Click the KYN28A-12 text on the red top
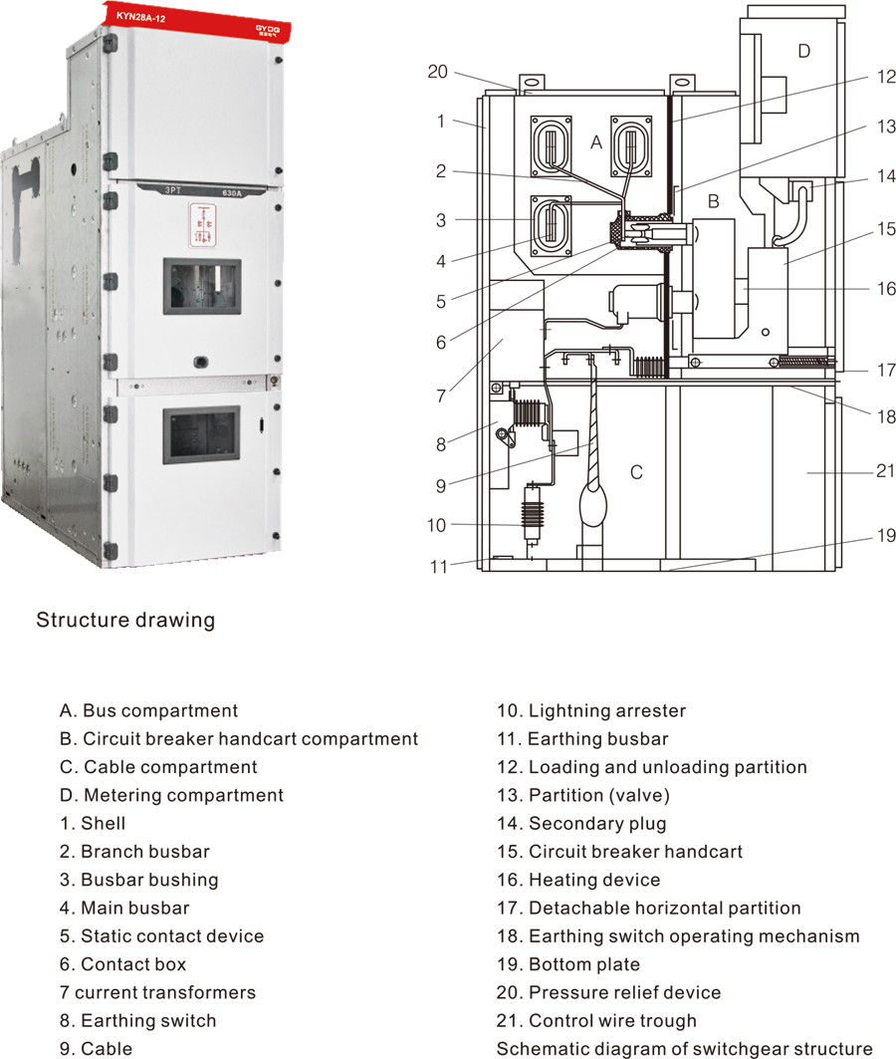(x=140, y=17)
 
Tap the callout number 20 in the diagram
(x=437, y=72)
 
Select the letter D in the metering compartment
(x=803, y=51)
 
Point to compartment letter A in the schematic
(x=595, y=142)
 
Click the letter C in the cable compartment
(x=635, y=472)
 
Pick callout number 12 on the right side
(x=886, y=77)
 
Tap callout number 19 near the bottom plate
(x=886, y=536)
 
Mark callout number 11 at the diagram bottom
(x=439, y=567)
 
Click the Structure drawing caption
(x=125, y=620)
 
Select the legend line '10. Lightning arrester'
(x=591, y=710)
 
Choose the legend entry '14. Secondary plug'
(x=581, y=823)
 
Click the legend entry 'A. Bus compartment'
(x=148, y=710)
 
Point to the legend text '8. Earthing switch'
(x=137, y=1020)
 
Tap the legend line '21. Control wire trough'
(x=596, y=1020)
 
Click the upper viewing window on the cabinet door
(x=202, y=286)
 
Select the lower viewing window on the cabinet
(x=201, y=434)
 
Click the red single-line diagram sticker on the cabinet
(x=202, y=224)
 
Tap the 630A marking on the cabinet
(x=231, y=193)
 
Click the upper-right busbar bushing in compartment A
(x=631, y=145)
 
